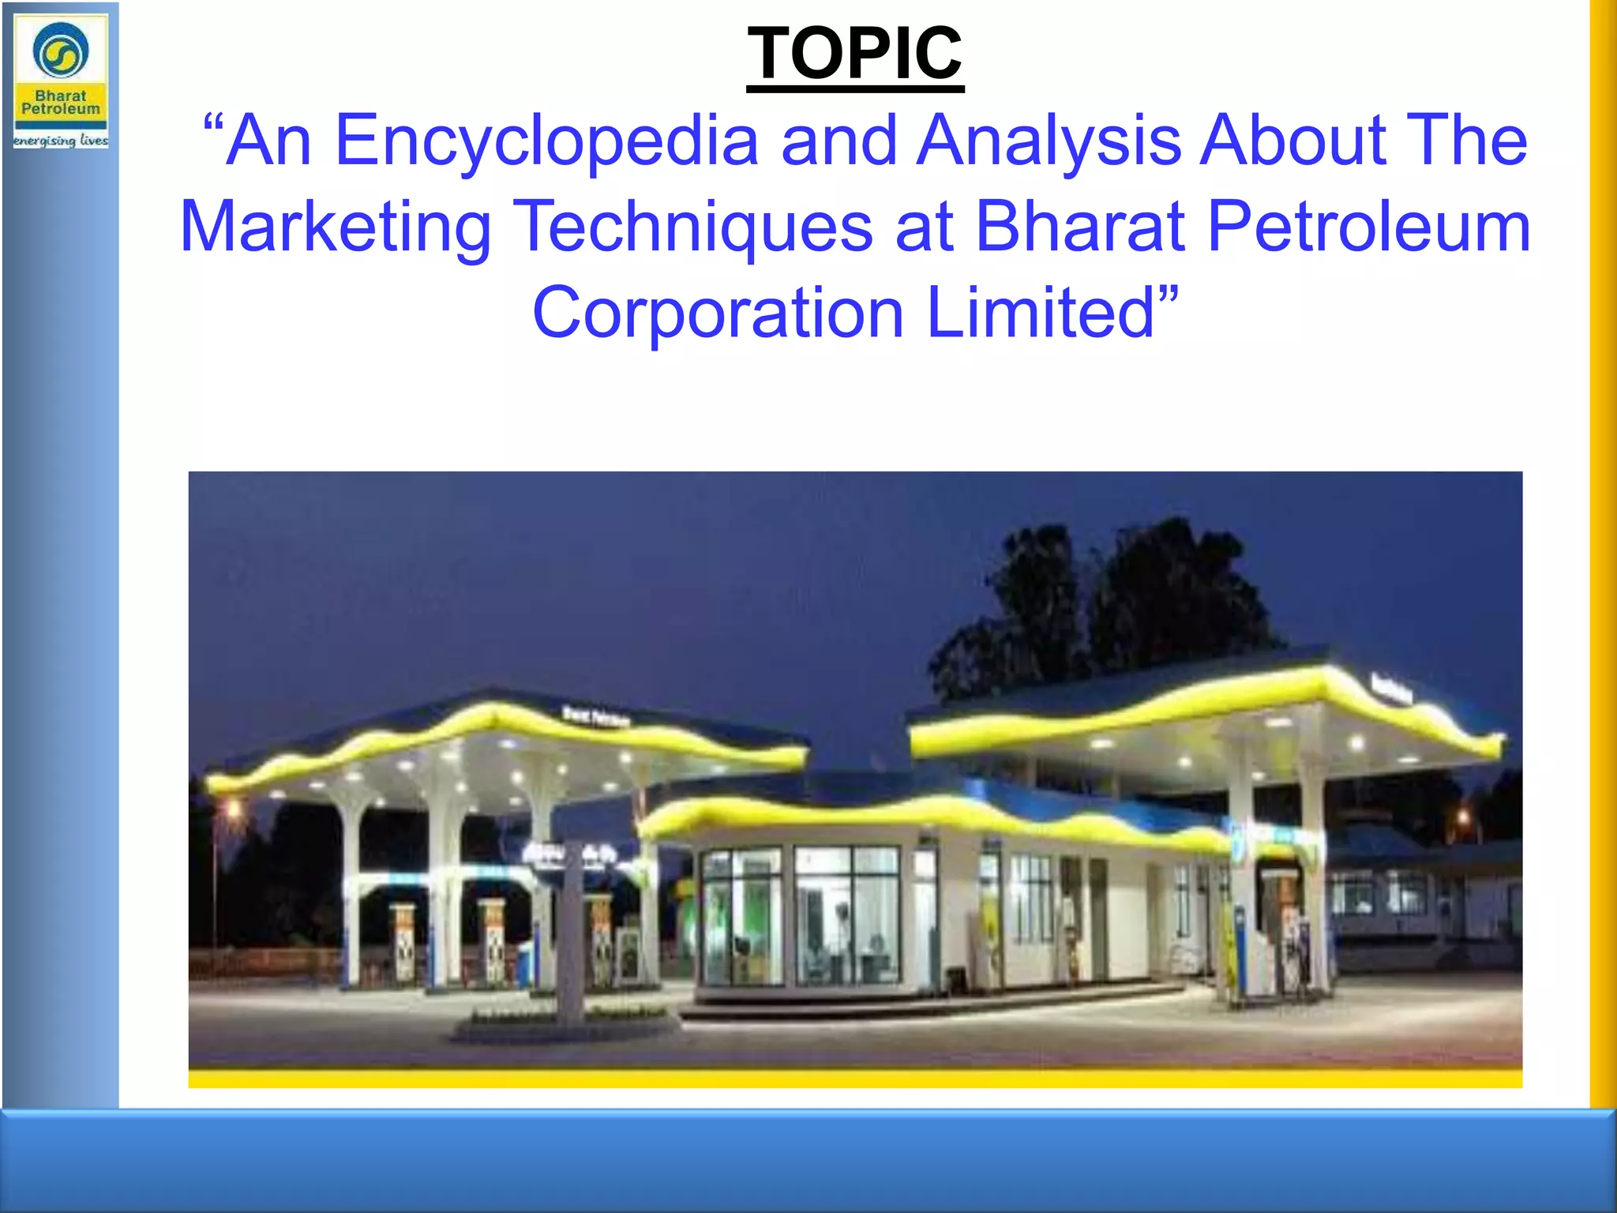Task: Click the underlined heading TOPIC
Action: click(855, 54)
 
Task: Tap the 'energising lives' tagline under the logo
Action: click(61, 141)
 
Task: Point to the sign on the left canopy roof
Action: click(596, 716)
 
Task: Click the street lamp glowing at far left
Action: click(233, 809)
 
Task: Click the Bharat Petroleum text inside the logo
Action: click(61, 103)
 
